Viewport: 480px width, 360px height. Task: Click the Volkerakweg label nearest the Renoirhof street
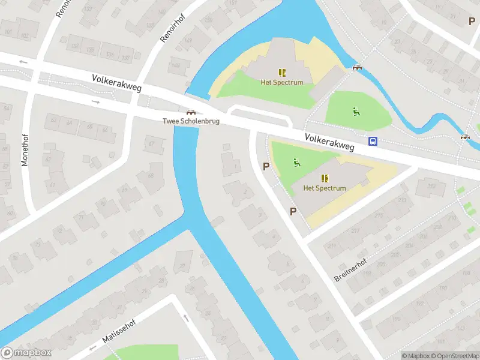coord(117,83)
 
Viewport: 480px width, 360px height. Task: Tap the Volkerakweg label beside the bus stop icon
coord(329,142)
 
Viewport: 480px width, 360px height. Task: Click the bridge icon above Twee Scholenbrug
coord(191,111)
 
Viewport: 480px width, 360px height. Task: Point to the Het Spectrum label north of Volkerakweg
coord(281,82)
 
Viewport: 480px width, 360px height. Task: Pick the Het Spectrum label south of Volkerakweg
coord(325,188)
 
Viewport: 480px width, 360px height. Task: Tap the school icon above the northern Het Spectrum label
coord(281,72)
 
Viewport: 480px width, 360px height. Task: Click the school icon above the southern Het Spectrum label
coord(325,178)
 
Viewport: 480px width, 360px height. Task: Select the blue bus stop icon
coord(373,142)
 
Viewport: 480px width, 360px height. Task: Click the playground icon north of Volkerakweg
coord(356,110)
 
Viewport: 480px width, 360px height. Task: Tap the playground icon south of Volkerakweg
coord(296,161)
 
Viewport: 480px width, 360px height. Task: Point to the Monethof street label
coord(25,148)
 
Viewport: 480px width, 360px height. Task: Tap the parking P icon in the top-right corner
coord(472,21)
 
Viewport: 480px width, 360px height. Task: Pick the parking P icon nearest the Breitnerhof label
coord(293,211)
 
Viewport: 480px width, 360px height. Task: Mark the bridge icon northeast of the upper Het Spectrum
coord(358,67)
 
